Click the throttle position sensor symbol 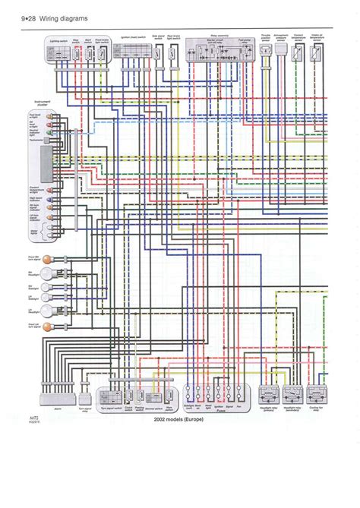266,52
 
